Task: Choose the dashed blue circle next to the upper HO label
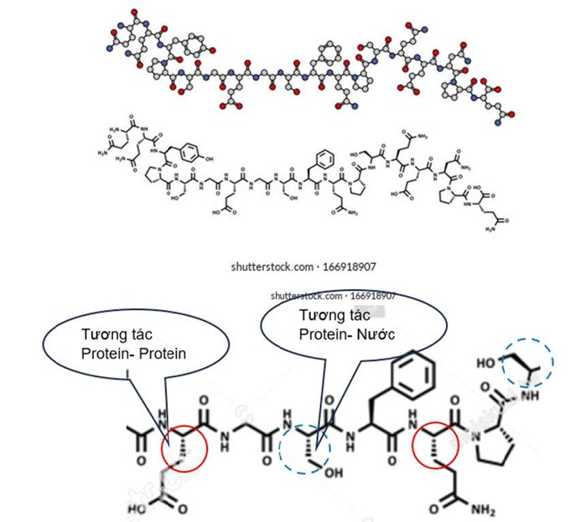(526, 363)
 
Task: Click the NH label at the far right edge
(547, 402)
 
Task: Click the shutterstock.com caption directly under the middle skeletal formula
(303, 266)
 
